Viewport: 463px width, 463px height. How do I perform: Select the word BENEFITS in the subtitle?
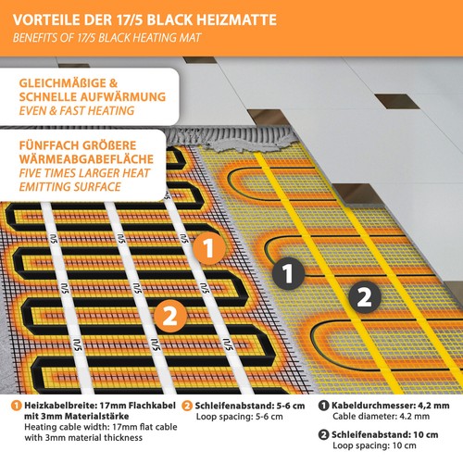(41, 39)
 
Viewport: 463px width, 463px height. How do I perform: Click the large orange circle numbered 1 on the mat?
(209, 247)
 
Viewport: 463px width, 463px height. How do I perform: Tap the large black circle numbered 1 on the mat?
(288, 273)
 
